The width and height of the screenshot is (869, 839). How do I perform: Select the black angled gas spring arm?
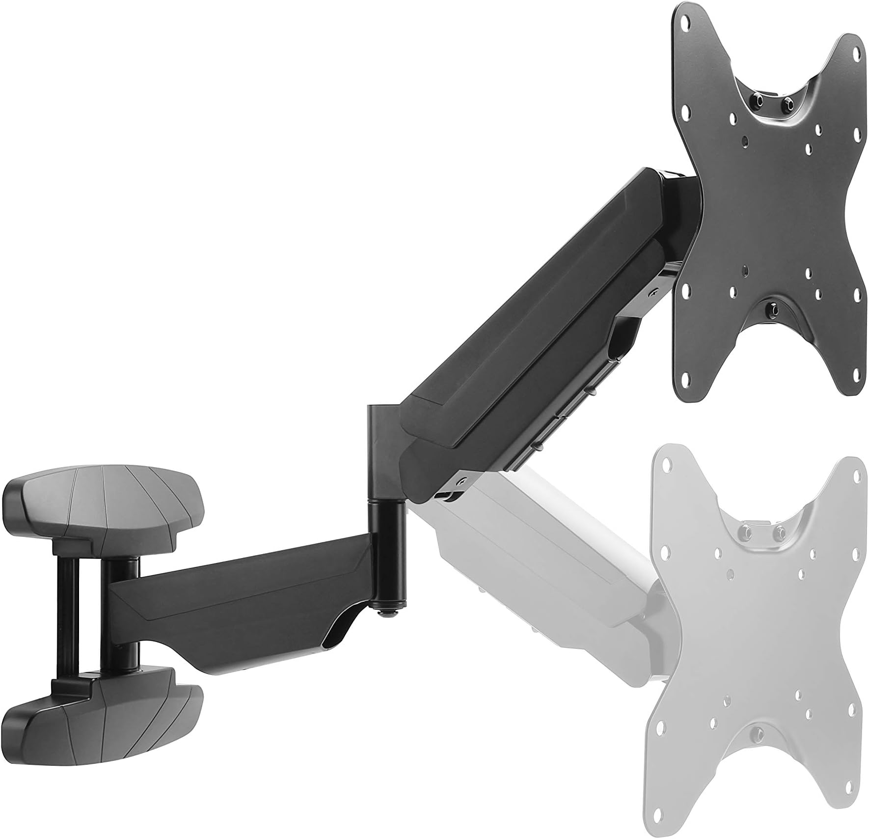pyautogui.click(x=530, y=344)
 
